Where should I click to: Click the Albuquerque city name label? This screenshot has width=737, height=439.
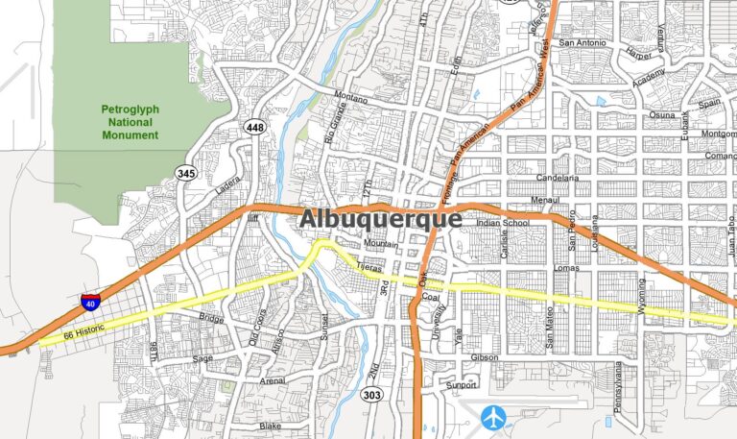(380, 219)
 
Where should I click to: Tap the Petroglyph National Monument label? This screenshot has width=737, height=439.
(130, 122)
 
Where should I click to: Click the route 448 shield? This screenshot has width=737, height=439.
(255, 128)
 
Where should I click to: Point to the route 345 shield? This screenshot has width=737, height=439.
(187, 174)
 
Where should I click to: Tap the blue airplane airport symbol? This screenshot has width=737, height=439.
(494, 417)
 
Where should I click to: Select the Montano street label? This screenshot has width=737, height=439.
(350, 96)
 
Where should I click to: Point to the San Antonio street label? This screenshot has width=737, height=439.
(582, 43)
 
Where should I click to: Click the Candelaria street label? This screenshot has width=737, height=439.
(557, 179)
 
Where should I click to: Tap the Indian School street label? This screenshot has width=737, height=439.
(503, 224)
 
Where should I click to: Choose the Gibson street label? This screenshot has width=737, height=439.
(486, 357)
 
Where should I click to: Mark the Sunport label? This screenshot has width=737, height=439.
(461, 385)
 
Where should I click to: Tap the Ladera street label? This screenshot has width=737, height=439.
(227, 184)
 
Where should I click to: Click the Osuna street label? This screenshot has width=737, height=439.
(635, 115)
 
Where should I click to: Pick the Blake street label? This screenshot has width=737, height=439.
(270, 425)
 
